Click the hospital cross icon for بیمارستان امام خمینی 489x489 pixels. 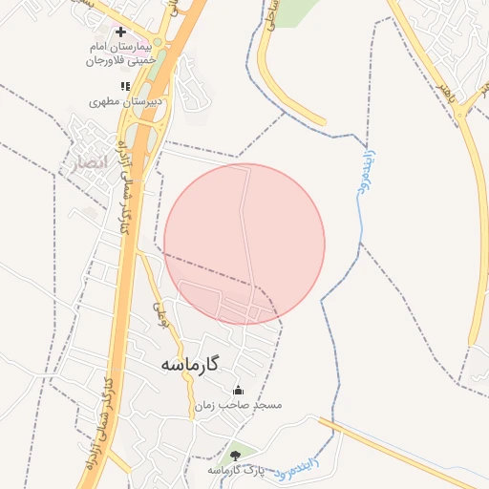(x=120, y=32)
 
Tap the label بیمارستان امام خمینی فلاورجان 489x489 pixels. (x=120, y=53)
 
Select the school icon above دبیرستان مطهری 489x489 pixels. (x=124, y=86)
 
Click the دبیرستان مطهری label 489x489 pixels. (x=126, y=100)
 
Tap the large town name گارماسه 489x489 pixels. (x=189, y=364)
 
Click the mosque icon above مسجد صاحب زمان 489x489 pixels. (x=238, y=390)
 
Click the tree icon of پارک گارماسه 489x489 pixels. (x=236, y=455)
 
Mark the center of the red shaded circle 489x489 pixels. (x=244, y=244)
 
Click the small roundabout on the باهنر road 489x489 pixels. (x=462, y=114)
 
